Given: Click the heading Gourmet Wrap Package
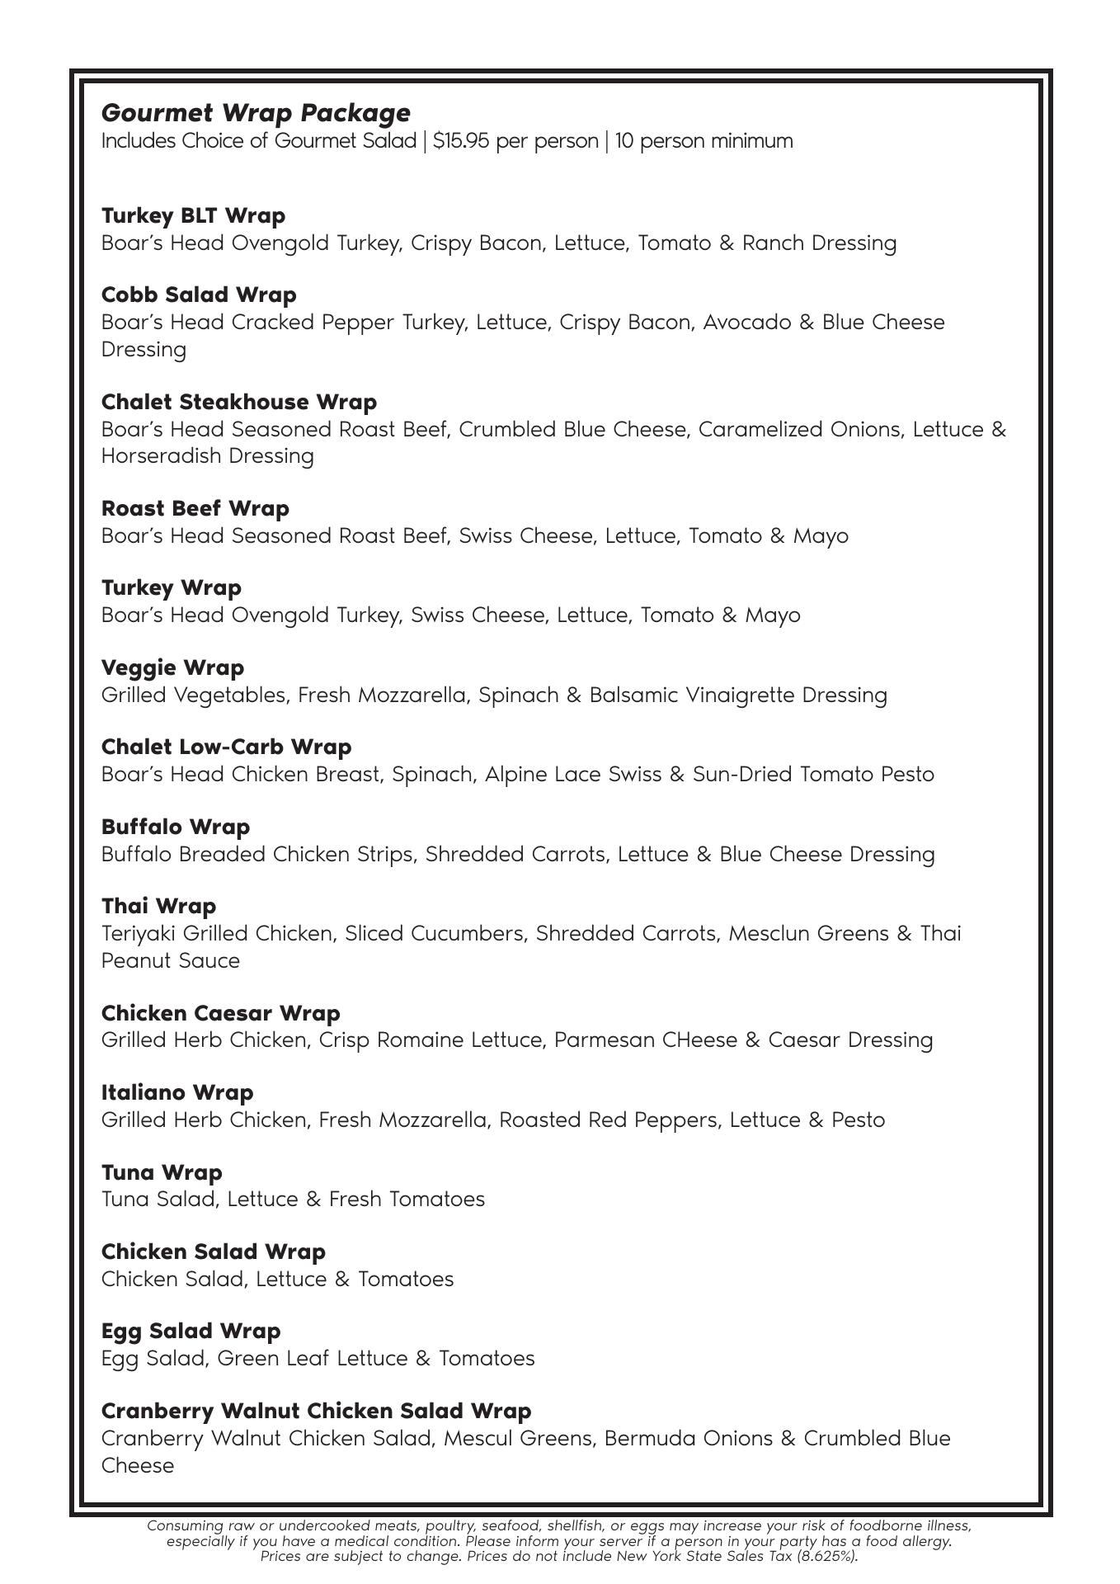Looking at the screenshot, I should [256, 112].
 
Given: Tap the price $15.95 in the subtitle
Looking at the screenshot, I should [460, 141].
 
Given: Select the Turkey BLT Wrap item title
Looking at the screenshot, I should [193, 215].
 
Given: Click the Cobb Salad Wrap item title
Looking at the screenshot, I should [199, 295].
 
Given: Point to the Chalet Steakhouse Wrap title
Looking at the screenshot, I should [239, 402].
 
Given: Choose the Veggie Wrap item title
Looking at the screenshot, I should [172, 667].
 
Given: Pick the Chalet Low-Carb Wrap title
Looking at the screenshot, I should [226, 747].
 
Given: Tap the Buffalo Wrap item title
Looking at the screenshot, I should [176, 827].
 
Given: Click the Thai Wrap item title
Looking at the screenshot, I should [158, 906].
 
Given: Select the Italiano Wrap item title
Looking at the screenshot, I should [177, 1092].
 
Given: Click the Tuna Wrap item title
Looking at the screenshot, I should [162, 1172].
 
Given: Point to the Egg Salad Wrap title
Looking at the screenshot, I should [191, 1331].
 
